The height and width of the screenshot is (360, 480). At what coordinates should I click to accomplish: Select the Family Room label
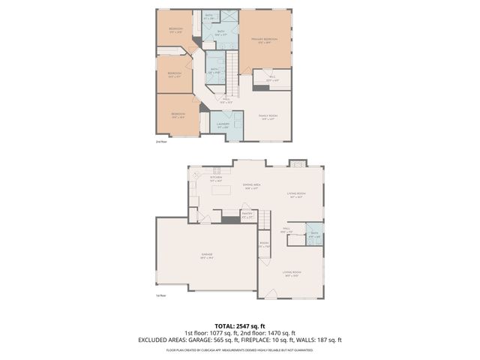268,117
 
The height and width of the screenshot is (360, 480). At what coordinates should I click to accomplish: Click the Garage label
206,255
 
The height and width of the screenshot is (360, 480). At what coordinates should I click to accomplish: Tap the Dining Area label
250,186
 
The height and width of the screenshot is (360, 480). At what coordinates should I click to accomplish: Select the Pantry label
247,215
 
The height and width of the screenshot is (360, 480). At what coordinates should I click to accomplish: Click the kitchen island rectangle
220,190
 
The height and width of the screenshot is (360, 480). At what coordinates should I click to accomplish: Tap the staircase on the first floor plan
264,219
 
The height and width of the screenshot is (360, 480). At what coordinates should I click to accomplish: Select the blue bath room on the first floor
313,234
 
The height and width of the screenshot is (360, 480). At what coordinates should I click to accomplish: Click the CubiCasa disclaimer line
239,349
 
